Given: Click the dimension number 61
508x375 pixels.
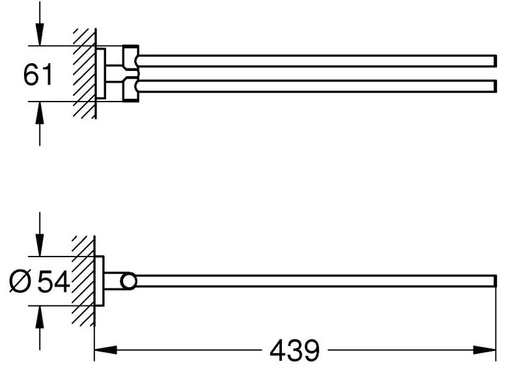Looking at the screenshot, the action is coord(38,74).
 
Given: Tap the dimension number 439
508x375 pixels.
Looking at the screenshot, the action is coord(294,350).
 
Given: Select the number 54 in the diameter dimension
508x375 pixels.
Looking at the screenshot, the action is coord(53,281).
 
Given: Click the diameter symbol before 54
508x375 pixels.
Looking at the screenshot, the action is coord(20,281).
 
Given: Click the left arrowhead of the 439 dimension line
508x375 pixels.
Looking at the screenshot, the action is coord(106,350).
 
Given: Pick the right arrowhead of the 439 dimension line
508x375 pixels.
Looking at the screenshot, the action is coord(485,350).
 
